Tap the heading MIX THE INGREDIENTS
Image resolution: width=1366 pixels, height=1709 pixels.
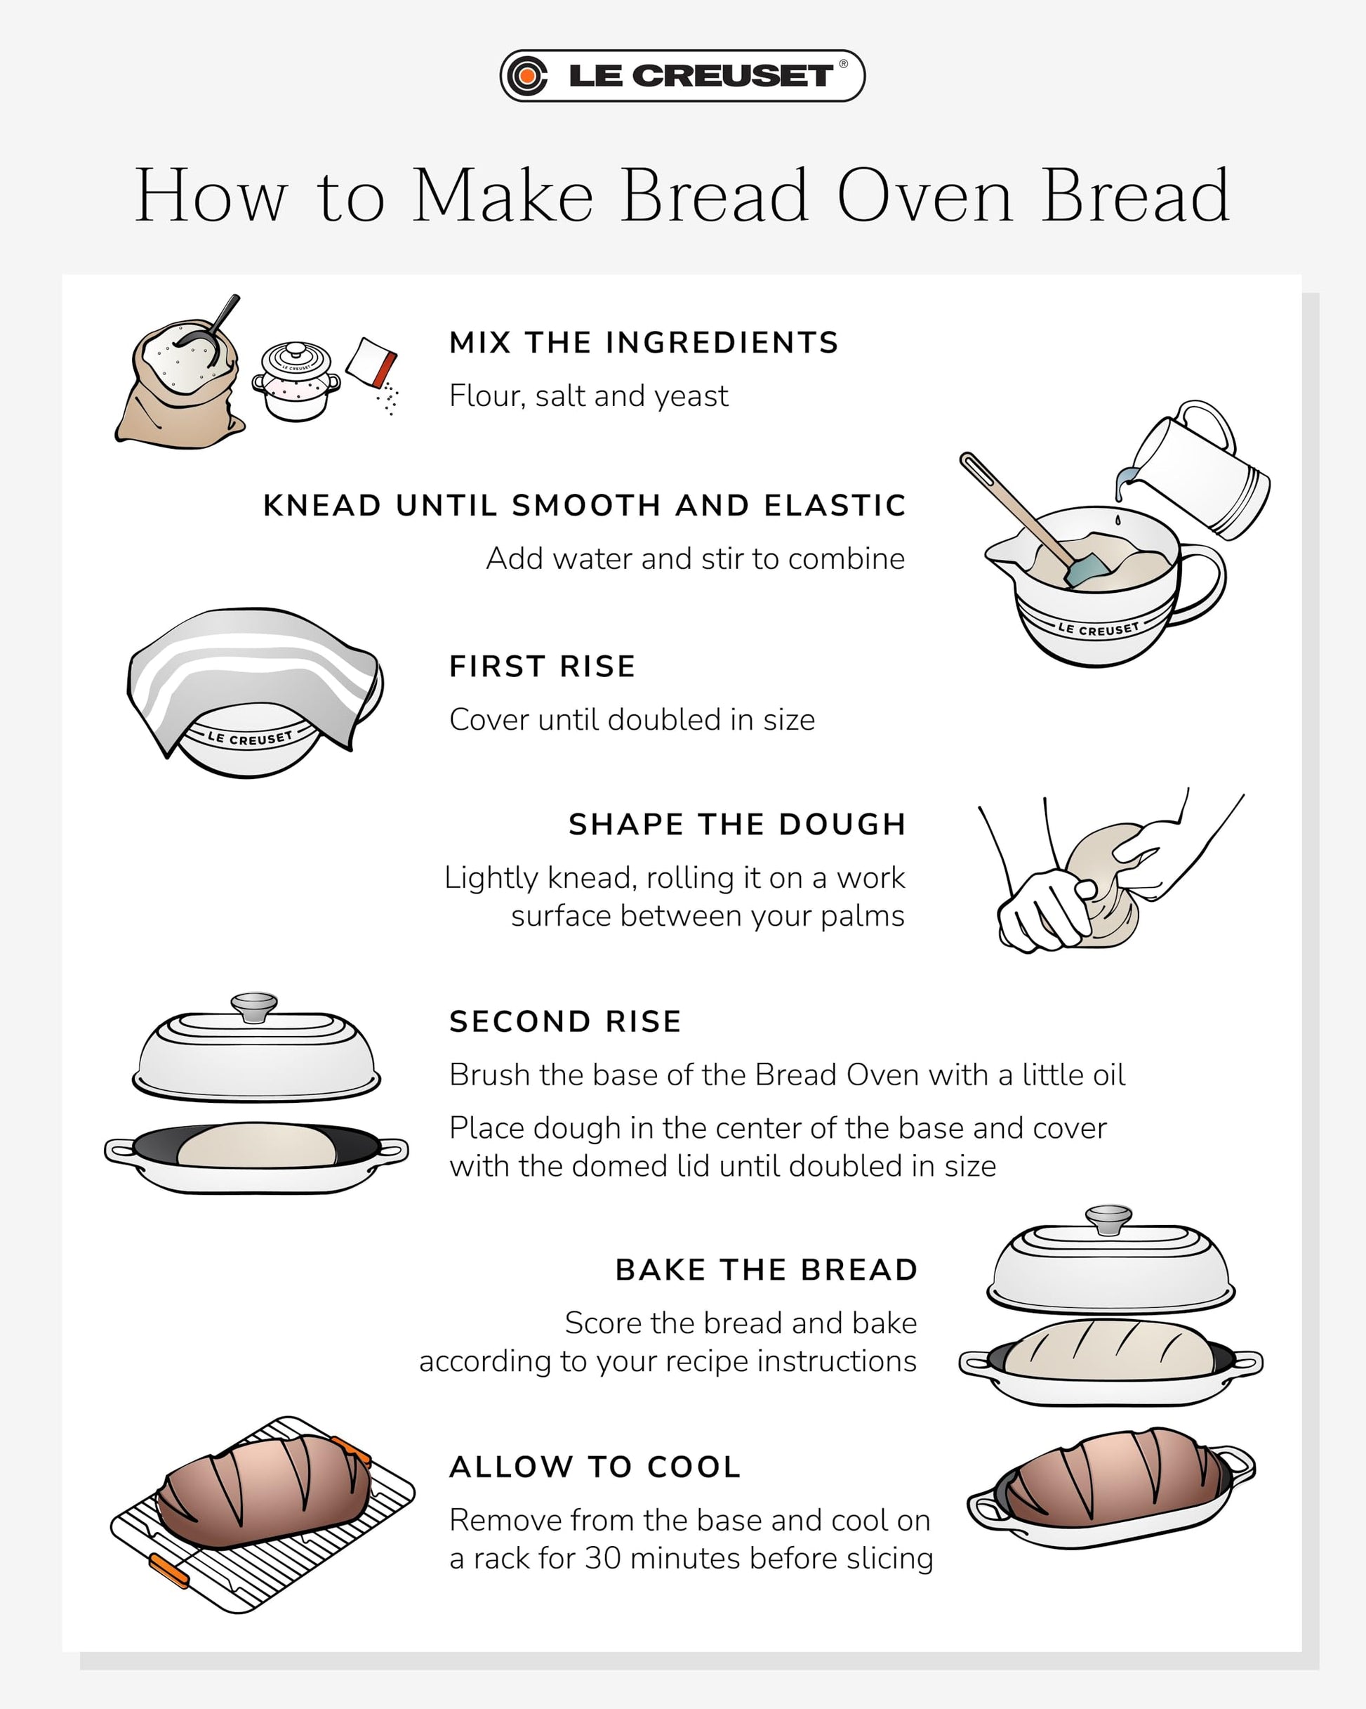(644, 343)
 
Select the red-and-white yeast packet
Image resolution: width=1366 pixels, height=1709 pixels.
(371, 362)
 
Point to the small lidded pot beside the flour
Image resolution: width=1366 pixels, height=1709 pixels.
(296, 381)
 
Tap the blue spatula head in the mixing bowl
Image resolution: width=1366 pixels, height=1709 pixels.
(1087, 568)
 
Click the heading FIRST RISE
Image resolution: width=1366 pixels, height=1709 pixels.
(542, 667)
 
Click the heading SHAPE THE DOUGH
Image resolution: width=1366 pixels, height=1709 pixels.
(738, 825)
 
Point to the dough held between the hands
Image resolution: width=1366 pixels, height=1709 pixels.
(1101, 886)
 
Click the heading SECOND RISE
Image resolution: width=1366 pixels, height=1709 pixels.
(565, 1022)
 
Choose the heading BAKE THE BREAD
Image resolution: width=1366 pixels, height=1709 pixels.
(767, 1270)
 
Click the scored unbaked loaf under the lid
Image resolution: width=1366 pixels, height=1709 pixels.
(1108, 1350)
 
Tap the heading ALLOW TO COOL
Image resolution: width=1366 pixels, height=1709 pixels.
(595, 1467)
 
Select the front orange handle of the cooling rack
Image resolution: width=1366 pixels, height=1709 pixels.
(168, 1571)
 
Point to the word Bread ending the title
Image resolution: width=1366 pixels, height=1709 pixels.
(1136, 196)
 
